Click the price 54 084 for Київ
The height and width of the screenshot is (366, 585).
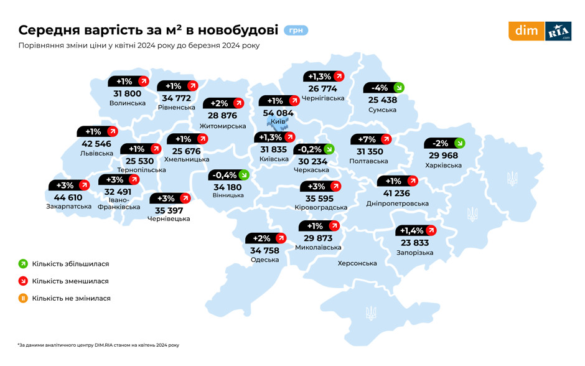pyautogui.click(x=278, y=113)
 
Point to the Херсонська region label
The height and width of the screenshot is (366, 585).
pyautogui.click(x=357, y=263)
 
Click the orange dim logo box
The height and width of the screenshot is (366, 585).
pyautogui.click(x=526, y=31)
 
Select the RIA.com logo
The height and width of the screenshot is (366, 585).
pyautogui.click(x=558, y=31)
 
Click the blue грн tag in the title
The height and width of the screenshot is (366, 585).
pyautogui.click(x=296, y=30)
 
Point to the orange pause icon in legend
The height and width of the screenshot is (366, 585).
pyautogui.click(x=23, y=298)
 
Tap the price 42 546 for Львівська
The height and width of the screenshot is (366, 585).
pyautogui.click(x=96, y=144)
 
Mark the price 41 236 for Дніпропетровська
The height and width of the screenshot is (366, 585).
pyautogui.click(x=397, y=194)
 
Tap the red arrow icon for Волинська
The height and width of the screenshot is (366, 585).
pyautogui.click(x=143, y=81)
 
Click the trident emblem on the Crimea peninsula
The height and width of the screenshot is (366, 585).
pyautogui.click(x=371, y=312)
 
